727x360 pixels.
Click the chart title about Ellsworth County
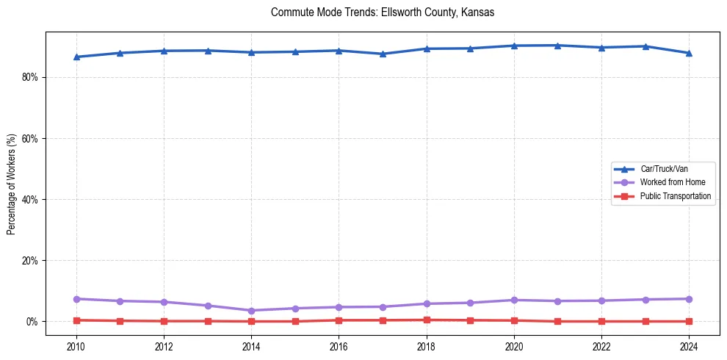(382, 12)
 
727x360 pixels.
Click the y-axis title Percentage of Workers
(11, 184)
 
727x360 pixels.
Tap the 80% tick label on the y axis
(29, 77)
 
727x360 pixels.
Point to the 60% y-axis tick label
(29, 138)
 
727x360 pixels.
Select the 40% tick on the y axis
(29, 199)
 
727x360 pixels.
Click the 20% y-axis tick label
(29, 260)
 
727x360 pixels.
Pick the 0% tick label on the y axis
(32, 322)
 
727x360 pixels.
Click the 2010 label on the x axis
(76, 346)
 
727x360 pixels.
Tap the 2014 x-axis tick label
(251, 346)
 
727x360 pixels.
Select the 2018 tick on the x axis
(427, 346)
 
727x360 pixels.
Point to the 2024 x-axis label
(689, 346)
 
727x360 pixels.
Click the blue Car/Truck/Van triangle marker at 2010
(76, 57)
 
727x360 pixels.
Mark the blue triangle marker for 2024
(689, 53)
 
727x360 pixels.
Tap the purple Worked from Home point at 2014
(251, 311)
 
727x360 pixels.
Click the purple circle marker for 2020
(514, 300)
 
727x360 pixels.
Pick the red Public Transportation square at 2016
(339, 320)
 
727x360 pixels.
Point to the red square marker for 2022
(601, 321)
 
